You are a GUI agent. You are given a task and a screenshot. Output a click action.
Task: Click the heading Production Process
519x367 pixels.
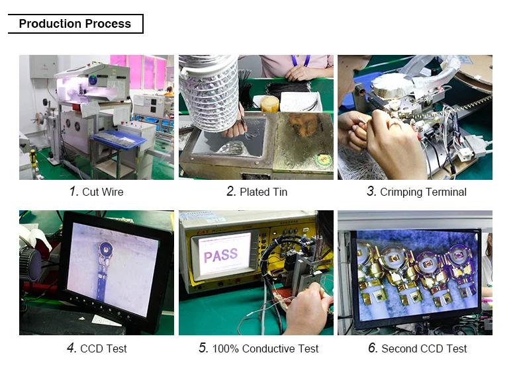[x=75, y=24]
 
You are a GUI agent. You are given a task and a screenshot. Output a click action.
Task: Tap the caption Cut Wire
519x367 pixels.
[x=103, y=192]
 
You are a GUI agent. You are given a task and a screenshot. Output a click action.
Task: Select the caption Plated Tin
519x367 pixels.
[x=263, y=192]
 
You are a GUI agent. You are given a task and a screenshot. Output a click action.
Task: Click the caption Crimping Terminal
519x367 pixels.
[x=424, y=192]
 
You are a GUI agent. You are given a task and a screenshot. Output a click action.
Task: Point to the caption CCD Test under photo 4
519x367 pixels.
[x=103, y=348]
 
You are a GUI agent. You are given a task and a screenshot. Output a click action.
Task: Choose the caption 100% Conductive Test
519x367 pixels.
[x=265, y=348]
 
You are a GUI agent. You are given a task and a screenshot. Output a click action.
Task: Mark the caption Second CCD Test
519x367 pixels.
[x=424, y=348]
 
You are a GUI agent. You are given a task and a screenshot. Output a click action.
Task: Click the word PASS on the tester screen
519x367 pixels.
[x=221, y=255]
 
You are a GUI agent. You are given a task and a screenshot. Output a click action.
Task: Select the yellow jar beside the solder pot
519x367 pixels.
[x=269, y=104]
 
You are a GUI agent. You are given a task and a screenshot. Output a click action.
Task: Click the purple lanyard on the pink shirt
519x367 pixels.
[x=301, y=61]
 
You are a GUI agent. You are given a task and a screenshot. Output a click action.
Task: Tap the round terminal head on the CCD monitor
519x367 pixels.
[x=106, y=248]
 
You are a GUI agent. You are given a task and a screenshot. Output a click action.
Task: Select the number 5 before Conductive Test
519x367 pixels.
[x=203, y=348]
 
